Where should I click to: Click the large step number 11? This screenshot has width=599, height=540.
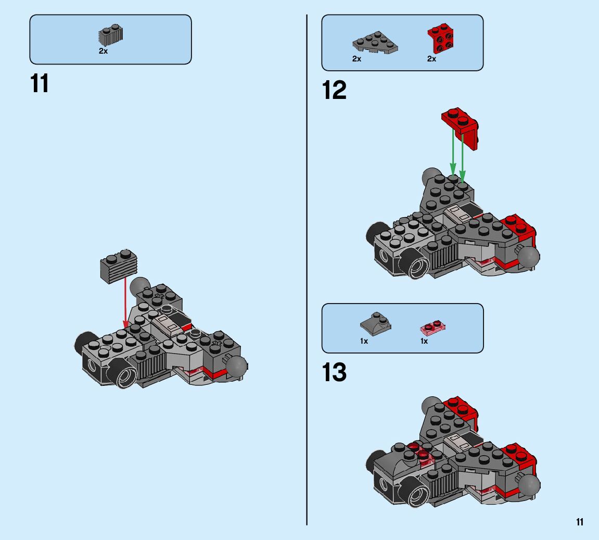click(x=40, y=83)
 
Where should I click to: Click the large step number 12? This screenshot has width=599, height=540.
click(x=334, y=90)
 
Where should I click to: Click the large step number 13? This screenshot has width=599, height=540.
click(x=334, y=373)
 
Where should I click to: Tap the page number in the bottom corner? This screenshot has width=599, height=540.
click(x=580, y=522)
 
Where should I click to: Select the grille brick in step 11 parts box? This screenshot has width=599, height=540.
click(x=110, y=36)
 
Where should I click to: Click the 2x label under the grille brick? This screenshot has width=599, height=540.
click(x=103, y=52)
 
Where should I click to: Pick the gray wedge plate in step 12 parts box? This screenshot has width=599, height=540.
click(x=375, y=43)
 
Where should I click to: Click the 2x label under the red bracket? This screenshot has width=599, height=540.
click(x=431, y=59)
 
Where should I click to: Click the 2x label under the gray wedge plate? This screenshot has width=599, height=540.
click(x=356, y=59)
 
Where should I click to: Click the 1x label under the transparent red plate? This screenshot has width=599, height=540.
click(x=424, y=341)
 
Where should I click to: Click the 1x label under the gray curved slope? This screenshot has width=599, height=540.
click(x=364, y=341)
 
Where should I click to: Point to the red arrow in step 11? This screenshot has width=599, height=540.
click(x=125, y=302)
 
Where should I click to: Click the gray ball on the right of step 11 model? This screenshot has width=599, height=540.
click(x=237, y=367)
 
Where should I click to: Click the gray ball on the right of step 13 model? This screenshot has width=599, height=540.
click(x=530, y=486)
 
